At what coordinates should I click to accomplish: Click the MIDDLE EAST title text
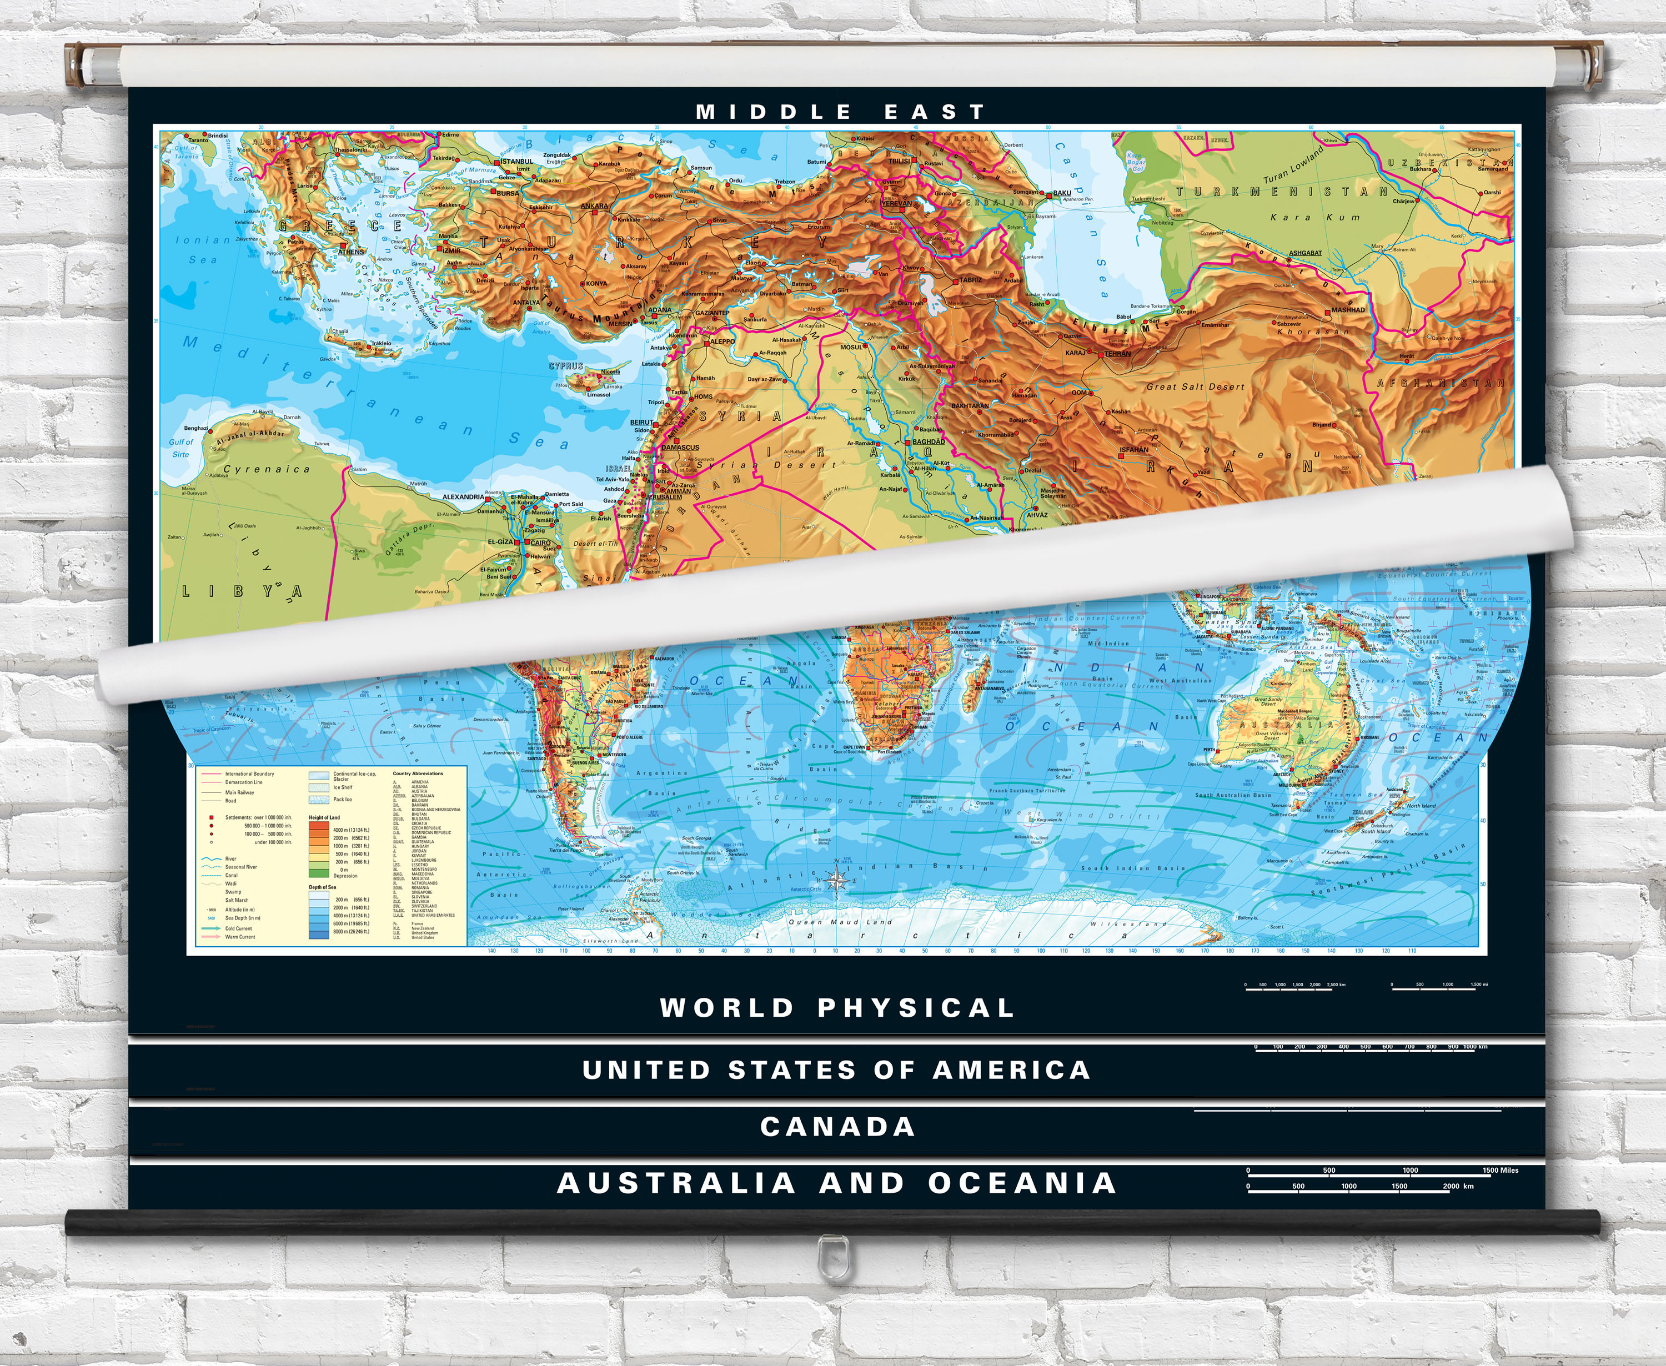[x=840, y=112]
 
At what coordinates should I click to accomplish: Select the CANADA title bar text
[x=837, y=1126]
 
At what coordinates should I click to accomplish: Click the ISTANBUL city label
[x=517, y=161]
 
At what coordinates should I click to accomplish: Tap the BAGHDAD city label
[x=929, y=441]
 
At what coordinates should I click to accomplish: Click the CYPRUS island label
[x=566, y=366]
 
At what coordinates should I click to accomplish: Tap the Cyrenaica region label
[x=267, y=469]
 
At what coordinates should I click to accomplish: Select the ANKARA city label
[x=594, y=206]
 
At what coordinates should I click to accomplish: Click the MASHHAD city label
[x=1348, y=310]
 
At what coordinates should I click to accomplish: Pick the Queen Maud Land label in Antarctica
[x=840, y=921]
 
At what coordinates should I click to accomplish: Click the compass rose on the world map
[x=835, y=881]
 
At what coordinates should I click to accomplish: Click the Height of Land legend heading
[x=324, y=817]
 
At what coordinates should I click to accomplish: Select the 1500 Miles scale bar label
[x=1500, y=1170]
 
